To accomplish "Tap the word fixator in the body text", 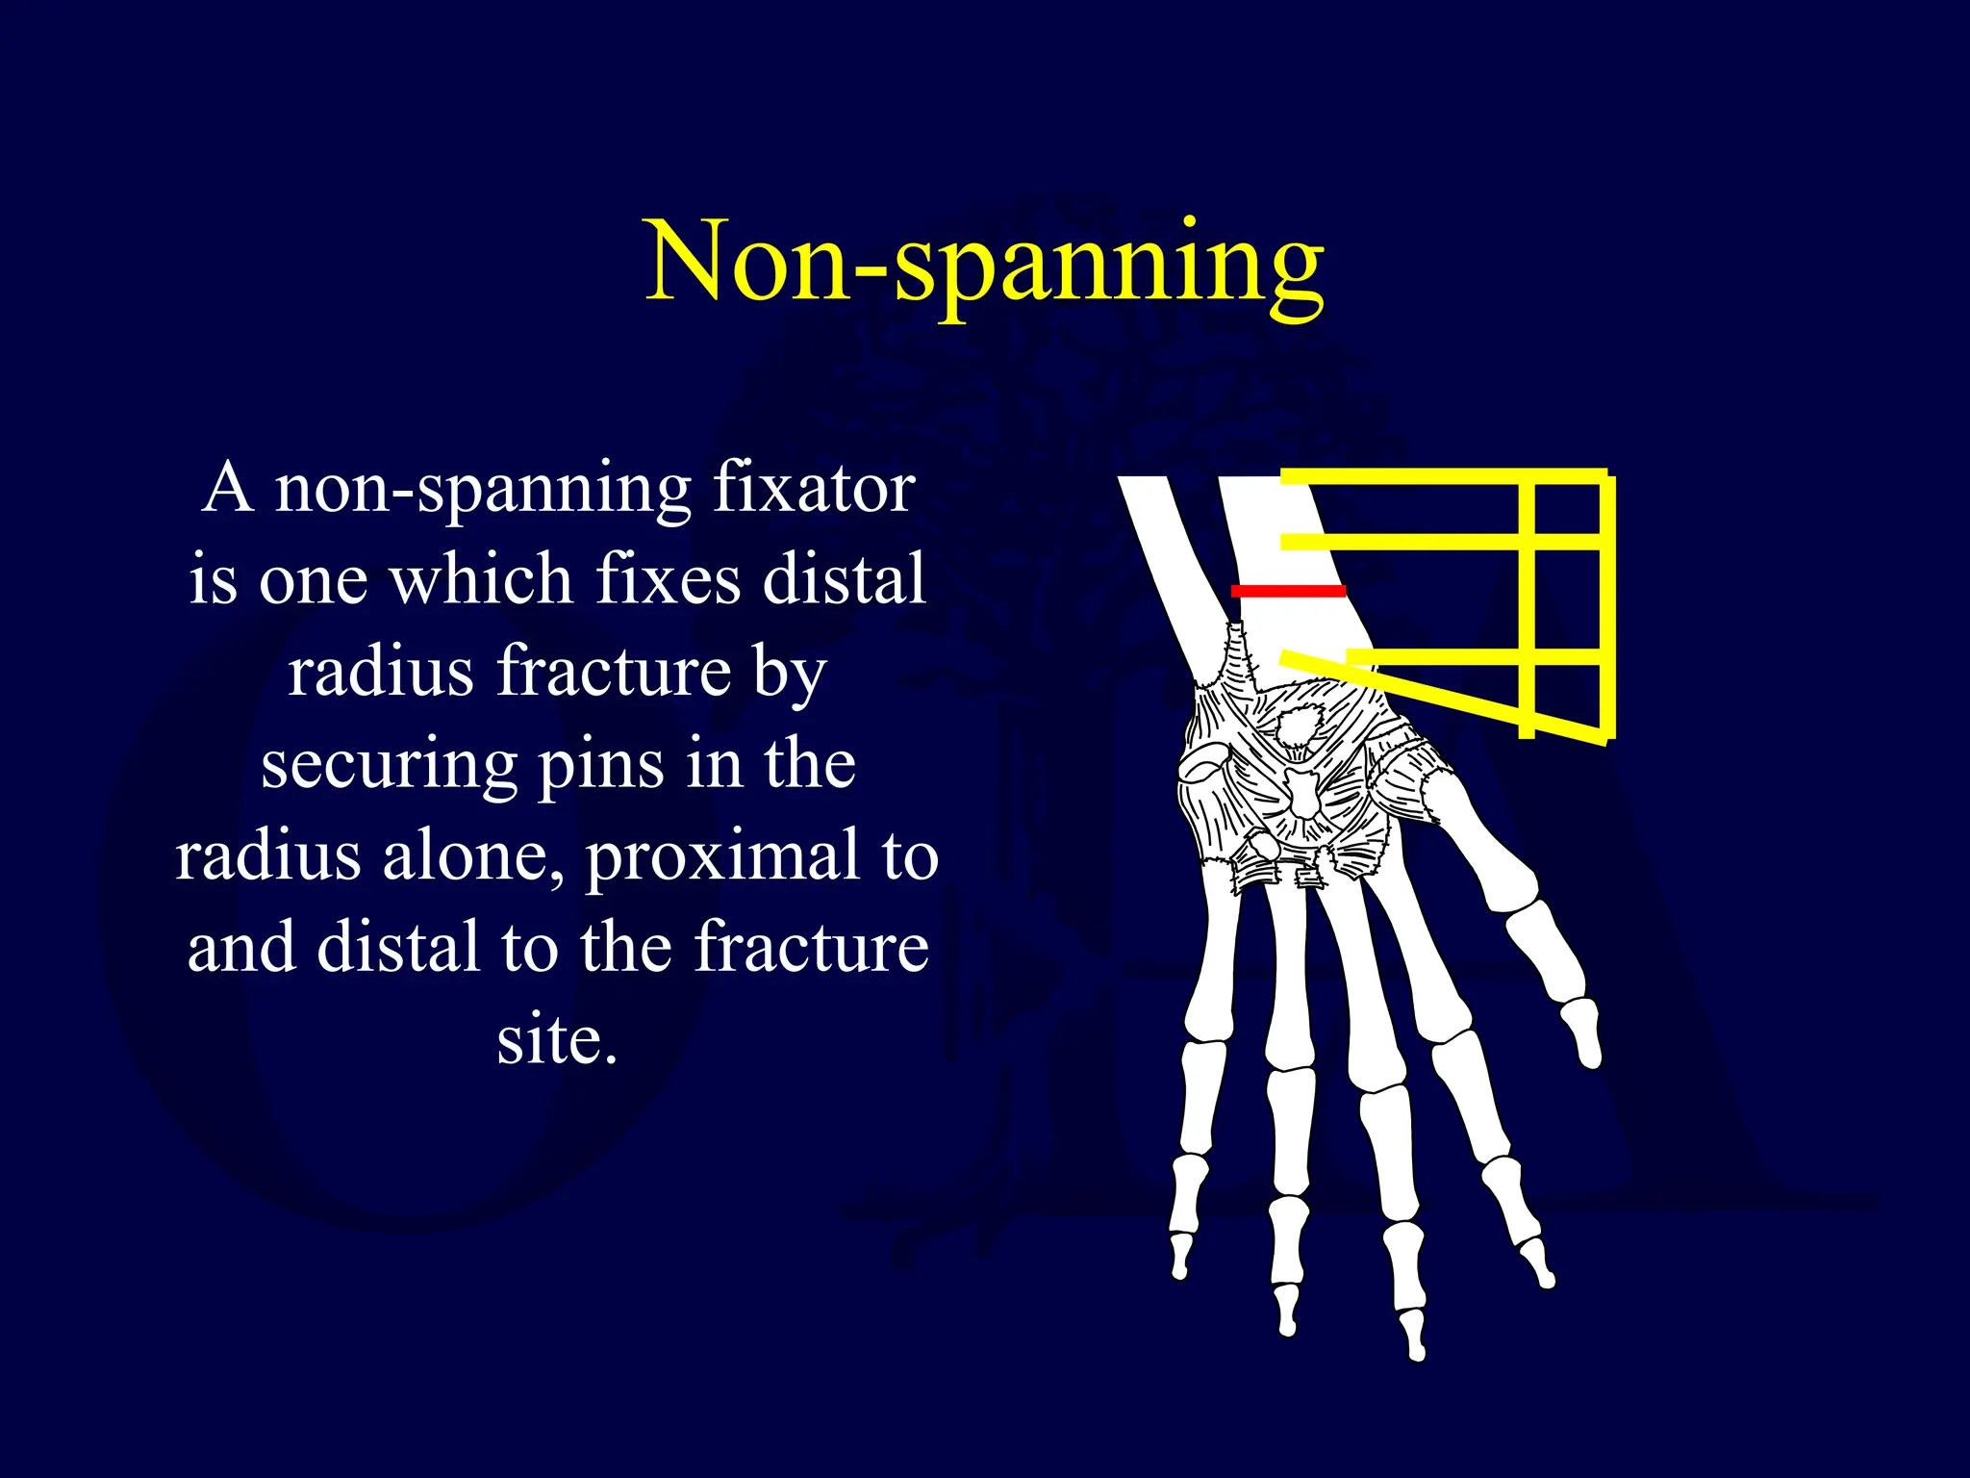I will point(813,488).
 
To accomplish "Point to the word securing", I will point(389,765).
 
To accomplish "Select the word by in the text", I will point(790,673).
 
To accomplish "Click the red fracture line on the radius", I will point(1289,590).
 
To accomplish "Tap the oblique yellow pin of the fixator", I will point(1443,698).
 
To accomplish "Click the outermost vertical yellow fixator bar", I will point(1605,606).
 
